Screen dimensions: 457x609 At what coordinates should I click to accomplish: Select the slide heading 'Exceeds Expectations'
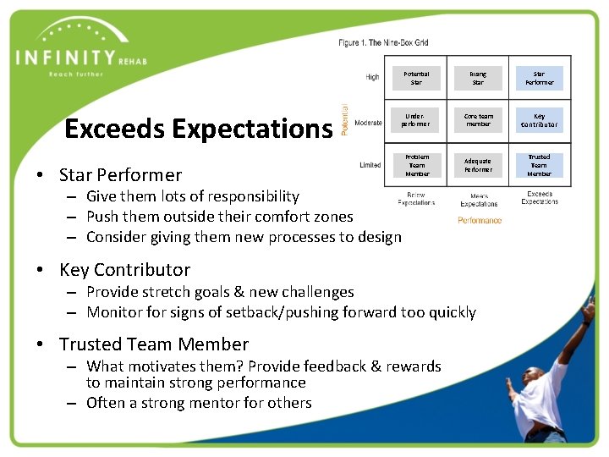(198, 129)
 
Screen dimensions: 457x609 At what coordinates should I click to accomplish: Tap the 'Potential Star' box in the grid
(416, 79)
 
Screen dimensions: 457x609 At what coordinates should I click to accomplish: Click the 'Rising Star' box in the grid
(478, 79)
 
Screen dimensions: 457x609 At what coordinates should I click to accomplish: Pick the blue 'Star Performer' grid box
(539, 79)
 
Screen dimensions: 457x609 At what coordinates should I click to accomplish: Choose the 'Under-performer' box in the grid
(416, 120)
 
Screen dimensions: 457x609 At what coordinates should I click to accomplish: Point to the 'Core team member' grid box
(478, 120)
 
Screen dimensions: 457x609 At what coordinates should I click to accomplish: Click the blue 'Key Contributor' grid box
(539, 120)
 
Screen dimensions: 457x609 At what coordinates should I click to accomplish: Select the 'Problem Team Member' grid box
(416, 165)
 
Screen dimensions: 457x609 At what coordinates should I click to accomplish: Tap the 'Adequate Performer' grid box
(478, 165)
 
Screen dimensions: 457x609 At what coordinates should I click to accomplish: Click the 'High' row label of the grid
(372, 77)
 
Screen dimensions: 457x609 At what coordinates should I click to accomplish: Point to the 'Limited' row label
(370, 165)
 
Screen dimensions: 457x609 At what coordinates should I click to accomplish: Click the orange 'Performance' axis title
(480, 221)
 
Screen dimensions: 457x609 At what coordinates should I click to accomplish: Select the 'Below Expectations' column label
(416, 200)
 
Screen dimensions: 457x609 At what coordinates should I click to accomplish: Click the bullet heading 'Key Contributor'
(124, 270)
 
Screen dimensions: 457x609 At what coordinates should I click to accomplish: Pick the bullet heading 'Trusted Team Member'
(153, 344)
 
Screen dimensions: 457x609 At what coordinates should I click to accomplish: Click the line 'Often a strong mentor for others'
(199, 403)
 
